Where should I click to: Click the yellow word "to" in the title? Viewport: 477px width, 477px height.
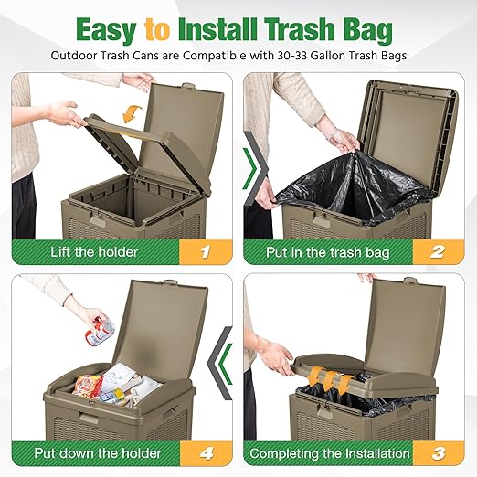point(157,30)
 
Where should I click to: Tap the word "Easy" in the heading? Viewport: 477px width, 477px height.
point(106,31)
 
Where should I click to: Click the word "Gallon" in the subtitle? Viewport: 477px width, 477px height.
point(320,56)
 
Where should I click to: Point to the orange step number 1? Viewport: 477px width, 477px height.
point(206,252)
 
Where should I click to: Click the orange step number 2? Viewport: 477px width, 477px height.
point(438,252)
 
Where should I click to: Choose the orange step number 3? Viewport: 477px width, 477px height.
point(439,453)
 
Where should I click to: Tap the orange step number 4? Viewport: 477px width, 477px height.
point(207,453)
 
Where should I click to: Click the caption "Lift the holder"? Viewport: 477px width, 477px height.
point(94,252)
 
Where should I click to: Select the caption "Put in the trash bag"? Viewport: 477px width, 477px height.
point(328,252)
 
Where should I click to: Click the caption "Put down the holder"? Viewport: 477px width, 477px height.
point(98,453)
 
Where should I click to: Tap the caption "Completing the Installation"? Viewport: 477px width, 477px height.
point(330,453)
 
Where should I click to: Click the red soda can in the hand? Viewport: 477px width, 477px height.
point(100,331)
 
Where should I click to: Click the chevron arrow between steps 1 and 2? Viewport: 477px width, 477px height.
point(254,168)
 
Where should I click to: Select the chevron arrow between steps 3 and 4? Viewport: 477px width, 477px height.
point(220,363)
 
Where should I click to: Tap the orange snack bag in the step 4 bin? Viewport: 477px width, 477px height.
point(88,385)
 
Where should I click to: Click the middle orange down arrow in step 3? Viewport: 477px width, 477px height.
point(330,380)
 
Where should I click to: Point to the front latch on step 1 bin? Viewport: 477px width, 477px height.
point(97,220)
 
